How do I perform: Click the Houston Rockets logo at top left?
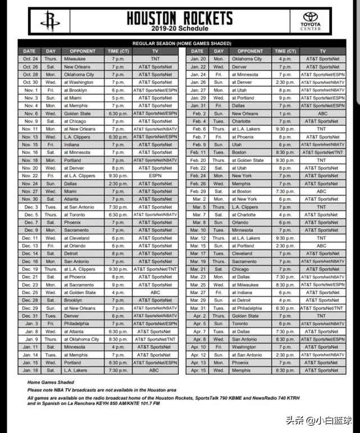[49, 21]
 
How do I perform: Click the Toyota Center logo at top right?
[310, 21]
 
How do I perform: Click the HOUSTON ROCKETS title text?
[179, 18]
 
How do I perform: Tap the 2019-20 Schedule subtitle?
[179, 29]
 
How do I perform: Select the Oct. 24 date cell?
[30, 59]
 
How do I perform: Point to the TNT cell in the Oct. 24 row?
[155, 59]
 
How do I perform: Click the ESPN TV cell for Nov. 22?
[155, 176]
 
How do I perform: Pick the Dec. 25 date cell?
[30, 293]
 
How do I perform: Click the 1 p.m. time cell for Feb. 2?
[285, 113]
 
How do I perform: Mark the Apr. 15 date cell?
[198, 370]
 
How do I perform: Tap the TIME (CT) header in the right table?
[285, 51]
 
